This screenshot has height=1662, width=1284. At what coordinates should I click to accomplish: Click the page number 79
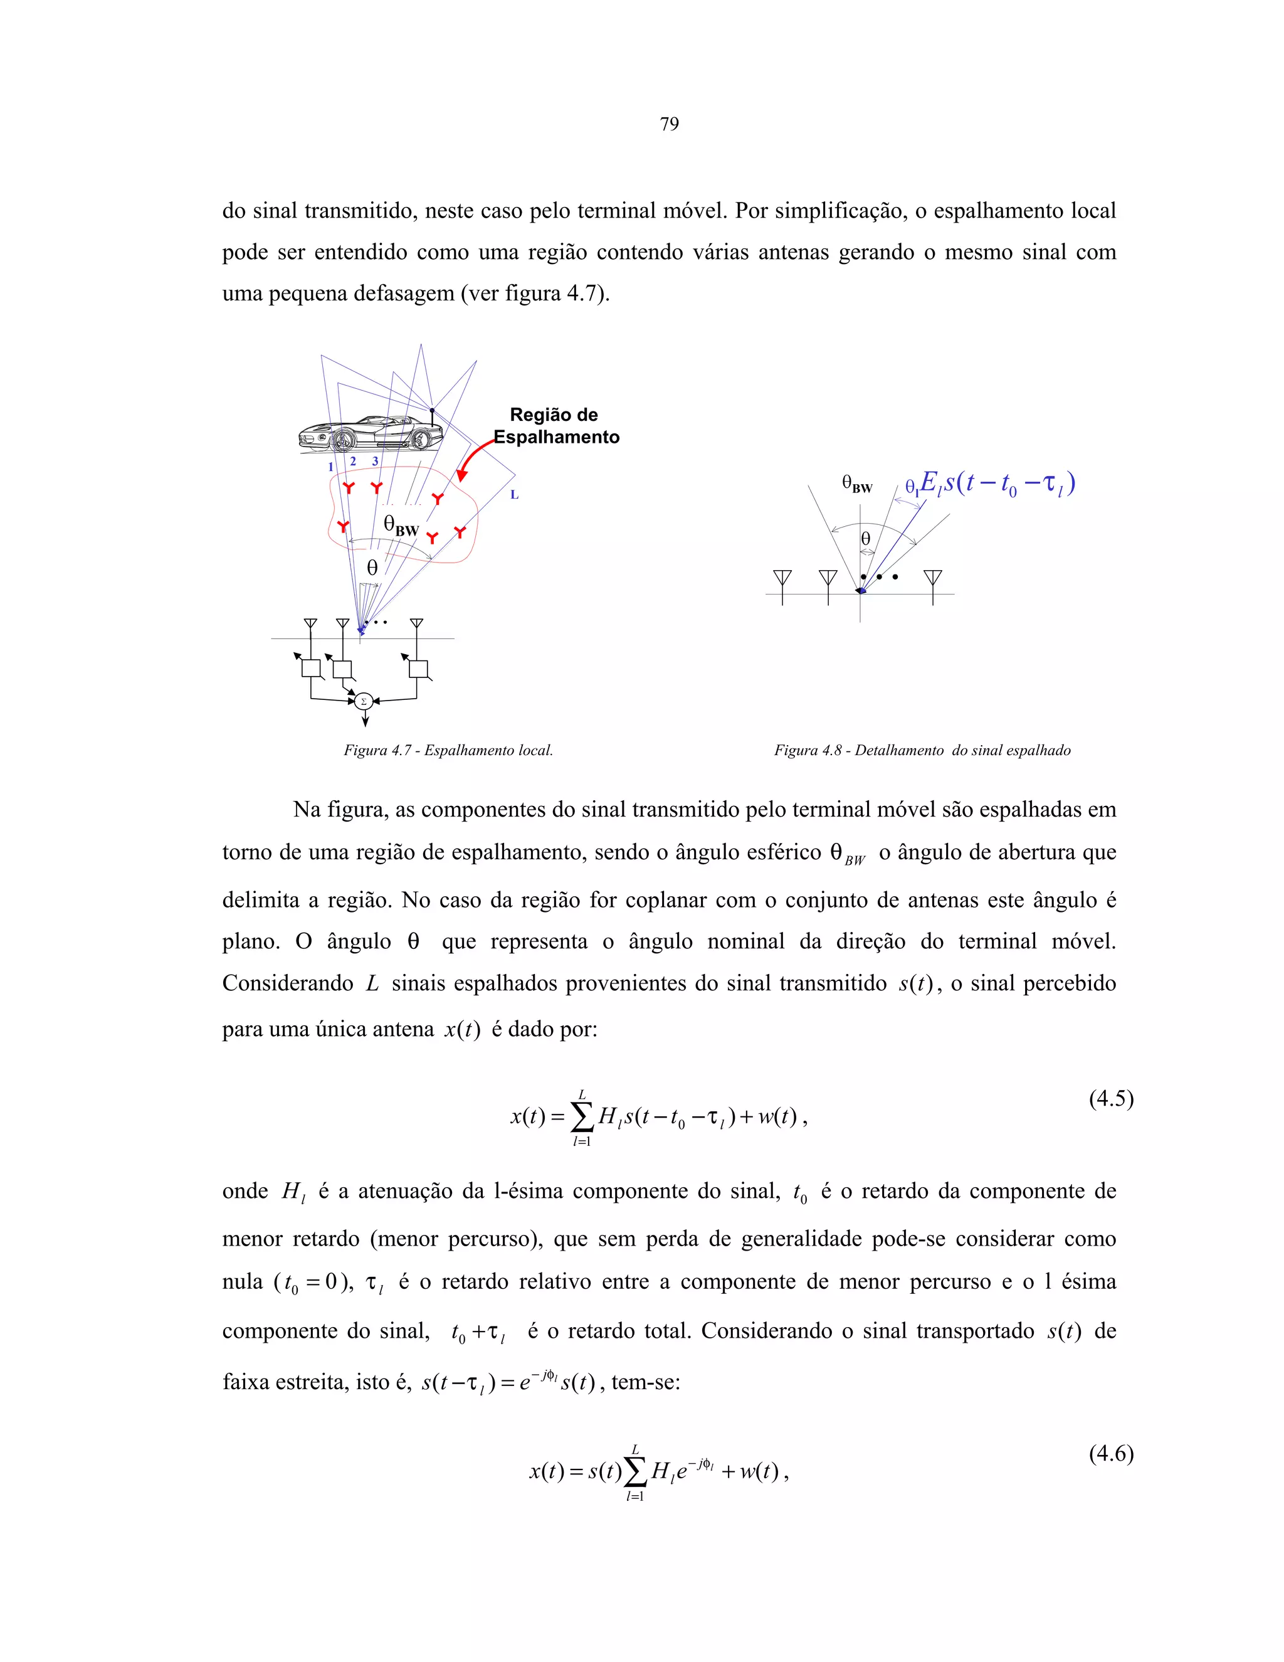tap(670, 124)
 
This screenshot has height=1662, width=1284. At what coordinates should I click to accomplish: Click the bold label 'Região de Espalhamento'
tap(555, 425)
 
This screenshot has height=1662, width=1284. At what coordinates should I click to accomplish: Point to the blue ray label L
tap(514, 495)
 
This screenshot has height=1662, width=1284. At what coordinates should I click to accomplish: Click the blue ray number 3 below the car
tap(375, 461)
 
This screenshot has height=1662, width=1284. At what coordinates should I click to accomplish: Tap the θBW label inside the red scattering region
tap(401, 525)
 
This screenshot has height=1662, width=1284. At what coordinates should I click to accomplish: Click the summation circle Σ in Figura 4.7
tap(364, 701)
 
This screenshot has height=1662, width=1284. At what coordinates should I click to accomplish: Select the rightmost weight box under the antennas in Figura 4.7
tap(418, 669)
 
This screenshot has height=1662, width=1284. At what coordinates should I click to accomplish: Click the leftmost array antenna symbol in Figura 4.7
tap(310, 624)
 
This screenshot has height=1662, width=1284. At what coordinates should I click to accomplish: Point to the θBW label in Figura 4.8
tap(856, 484)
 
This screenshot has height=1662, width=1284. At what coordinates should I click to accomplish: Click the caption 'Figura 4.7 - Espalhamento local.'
tap(448, 750)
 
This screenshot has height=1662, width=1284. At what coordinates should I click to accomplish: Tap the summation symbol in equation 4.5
tap(582, 1117)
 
